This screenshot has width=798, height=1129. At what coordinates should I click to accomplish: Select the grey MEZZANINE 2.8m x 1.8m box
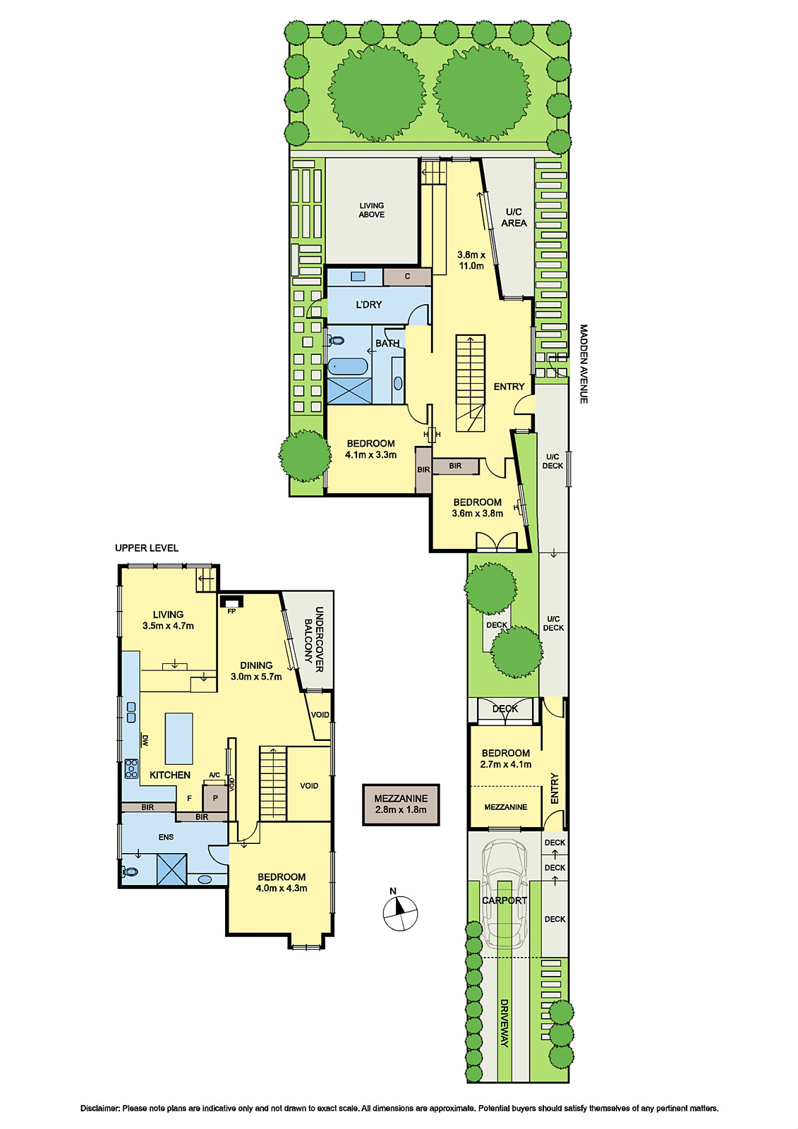point(401,804)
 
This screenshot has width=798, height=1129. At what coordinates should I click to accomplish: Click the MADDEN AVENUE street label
point(584,364)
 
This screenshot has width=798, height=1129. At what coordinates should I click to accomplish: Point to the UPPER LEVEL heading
point(147,548)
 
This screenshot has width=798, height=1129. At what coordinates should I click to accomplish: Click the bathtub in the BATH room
point(347,366)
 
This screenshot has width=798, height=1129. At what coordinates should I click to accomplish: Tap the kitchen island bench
point(179,738)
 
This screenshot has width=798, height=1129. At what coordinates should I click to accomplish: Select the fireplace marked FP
point(231,601)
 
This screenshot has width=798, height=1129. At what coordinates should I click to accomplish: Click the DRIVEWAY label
point(504,1023)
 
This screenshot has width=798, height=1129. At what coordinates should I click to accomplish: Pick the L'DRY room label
point(368,304)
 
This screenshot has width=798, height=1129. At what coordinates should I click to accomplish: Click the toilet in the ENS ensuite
point(130,871)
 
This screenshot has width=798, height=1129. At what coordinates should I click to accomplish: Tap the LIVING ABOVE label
point(371,210)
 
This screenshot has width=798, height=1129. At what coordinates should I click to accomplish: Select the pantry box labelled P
point(216,798)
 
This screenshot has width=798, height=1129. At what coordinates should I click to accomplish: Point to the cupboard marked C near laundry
point(407,276)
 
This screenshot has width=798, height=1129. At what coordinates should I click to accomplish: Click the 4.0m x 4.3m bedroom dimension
point(281,888)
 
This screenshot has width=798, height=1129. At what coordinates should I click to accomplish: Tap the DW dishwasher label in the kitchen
point(145,741)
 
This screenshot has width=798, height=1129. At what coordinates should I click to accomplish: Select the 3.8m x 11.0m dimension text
point(471,260)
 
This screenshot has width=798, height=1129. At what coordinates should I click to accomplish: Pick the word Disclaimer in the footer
point(99,1109)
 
